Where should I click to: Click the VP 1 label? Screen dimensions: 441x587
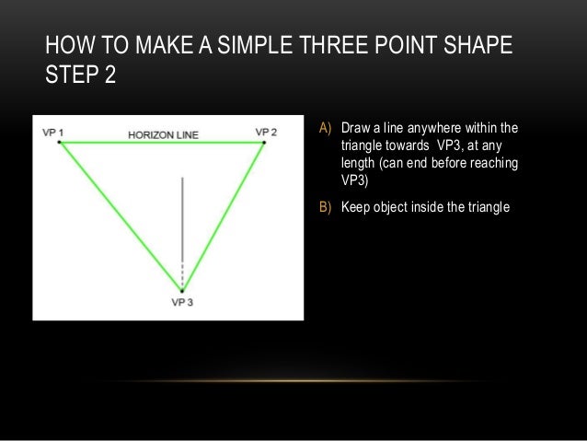coord(54,133)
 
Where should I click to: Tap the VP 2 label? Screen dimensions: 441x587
coord(266,133)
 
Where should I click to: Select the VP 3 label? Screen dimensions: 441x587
coord(183,302)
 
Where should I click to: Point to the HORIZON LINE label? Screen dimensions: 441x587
coord(163,135)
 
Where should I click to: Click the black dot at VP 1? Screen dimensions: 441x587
coord(60,142)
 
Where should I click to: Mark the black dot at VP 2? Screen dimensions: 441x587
coord(264,142)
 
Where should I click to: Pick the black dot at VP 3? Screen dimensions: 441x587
coord(183,291)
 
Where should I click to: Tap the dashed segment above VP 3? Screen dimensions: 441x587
coord(183,276)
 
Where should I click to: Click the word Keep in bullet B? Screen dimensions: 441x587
coord(355,206)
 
